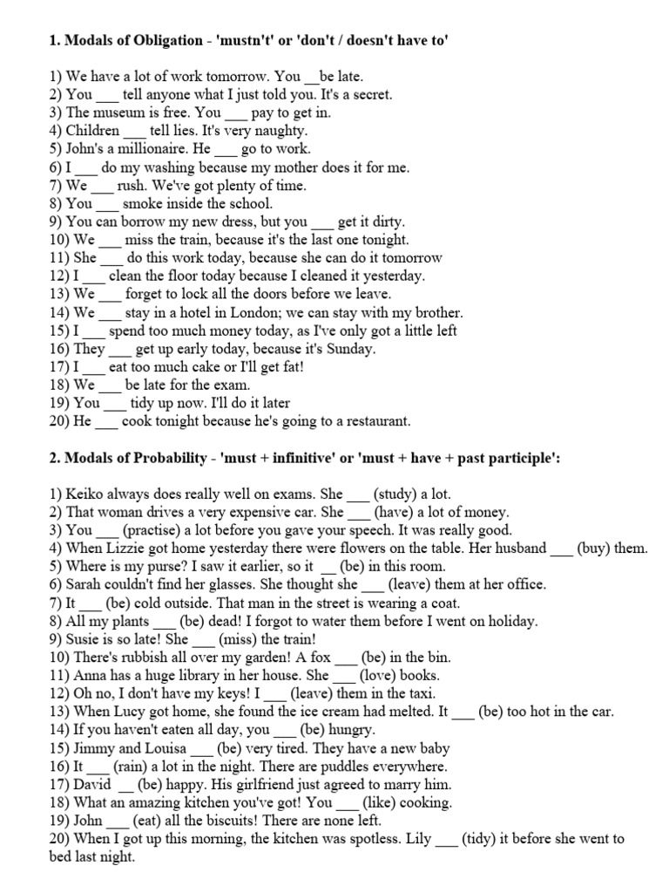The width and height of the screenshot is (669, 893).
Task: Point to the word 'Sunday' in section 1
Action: [350, 349]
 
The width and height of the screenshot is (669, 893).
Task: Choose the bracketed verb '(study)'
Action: [402, 494]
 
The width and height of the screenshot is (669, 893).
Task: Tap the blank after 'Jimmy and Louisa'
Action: [200, 748]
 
